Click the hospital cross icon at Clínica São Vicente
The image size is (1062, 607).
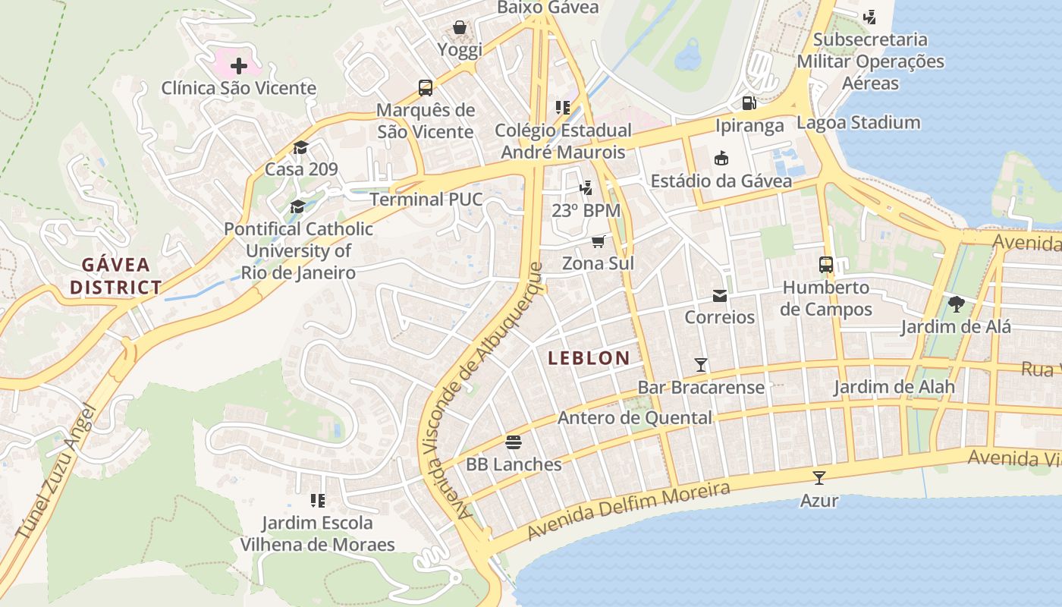pos(239,66)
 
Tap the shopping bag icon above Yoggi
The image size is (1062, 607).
pos(460,28)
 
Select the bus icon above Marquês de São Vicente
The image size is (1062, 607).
pos(426,87)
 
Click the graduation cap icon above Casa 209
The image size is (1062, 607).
pos(301,147)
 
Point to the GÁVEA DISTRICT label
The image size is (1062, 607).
pos(116,276)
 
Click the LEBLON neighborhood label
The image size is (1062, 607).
pos(589,358)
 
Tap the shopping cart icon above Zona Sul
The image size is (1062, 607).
pos(599,241)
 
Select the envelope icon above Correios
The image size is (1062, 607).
pos(719,295)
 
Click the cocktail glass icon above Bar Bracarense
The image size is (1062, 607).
pos(701,365)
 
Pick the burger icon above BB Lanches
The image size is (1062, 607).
pos(514,442)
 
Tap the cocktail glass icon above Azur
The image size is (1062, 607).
pos(819,478)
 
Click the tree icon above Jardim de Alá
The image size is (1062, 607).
pos(956,304)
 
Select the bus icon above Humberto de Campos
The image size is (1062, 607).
pos(826,265)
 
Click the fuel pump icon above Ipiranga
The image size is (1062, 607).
pos(749,103)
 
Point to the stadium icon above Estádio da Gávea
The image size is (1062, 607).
pos(721,159)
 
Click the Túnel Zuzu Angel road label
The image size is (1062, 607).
pos(56,473)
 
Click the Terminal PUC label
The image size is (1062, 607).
pos(426,200)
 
